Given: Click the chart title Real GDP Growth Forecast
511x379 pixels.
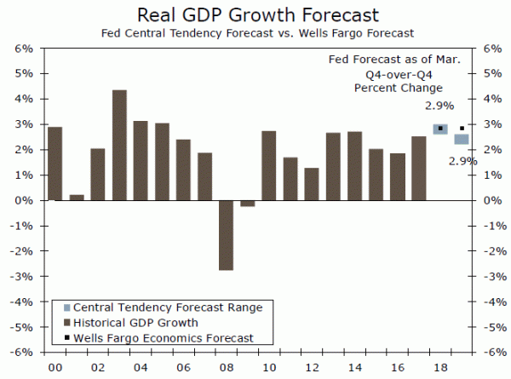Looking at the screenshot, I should pyautogui.click(x=255, y=14).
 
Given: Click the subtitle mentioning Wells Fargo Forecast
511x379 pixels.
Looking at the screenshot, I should pyautogui.click(x=255, y=34).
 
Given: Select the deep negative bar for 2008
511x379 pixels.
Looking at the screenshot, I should pyautogui.click(x=227, y=235).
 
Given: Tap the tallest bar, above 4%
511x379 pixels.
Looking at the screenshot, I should pyautogui.click(x=120, y=145).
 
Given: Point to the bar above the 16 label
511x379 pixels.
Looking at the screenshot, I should pyautogui.click(x=397, y=176).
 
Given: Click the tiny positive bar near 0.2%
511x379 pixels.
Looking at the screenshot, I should pyautogui.click(x=77, y=198).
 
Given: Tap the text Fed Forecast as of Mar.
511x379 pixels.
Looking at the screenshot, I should pyautogui.click(x=394, y=60).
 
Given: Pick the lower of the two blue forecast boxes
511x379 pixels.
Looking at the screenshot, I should pyautogui.click(x=461, y=139).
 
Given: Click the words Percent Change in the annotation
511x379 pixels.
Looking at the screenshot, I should pyautogui.click(x=393, y=88).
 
